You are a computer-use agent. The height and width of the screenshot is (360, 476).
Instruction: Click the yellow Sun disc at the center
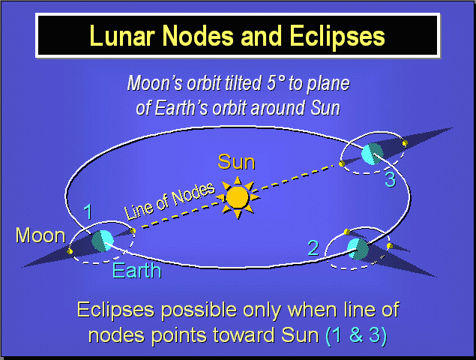(x=237, y=197)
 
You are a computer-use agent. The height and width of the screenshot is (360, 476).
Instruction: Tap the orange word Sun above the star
(x=236, y=162)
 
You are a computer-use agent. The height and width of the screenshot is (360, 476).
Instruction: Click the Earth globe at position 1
(x=103, y=240)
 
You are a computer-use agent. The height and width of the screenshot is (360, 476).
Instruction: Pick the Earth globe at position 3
(x=371, y=154)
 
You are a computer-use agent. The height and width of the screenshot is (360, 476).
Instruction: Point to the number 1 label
(x=88, y=213)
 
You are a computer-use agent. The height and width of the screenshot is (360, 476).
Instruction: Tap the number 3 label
(x=390, y=180)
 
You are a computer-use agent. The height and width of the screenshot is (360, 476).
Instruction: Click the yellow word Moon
(x=40, y=235)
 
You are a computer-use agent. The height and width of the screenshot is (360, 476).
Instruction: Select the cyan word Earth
(x=136, y=270)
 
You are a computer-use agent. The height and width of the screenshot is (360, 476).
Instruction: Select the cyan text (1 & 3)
(x=356, y=335)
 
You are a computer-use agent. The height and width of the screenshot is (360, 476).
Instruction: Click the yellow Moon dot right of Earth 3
(x=405, y=142)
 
